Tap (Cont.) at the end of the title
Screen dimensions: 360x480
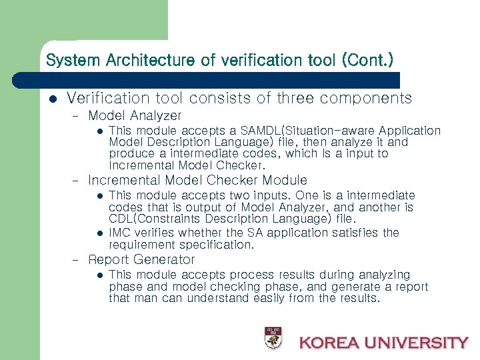[367, 60]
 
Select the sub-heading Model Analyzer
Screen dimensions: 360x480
[135, 116]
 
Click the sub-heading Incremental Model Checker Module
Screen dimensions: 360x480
[197, 180]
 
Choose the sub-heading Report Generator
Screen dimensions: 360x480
[141, 259]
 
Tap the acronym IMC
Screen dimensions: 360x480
[120, 232]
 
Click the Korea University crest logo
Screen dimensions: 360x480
[272, 338]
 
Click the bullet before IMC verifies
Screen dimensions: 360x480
[98, 233]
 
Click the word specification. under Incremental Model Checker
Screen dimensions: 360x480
[220, 245]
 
